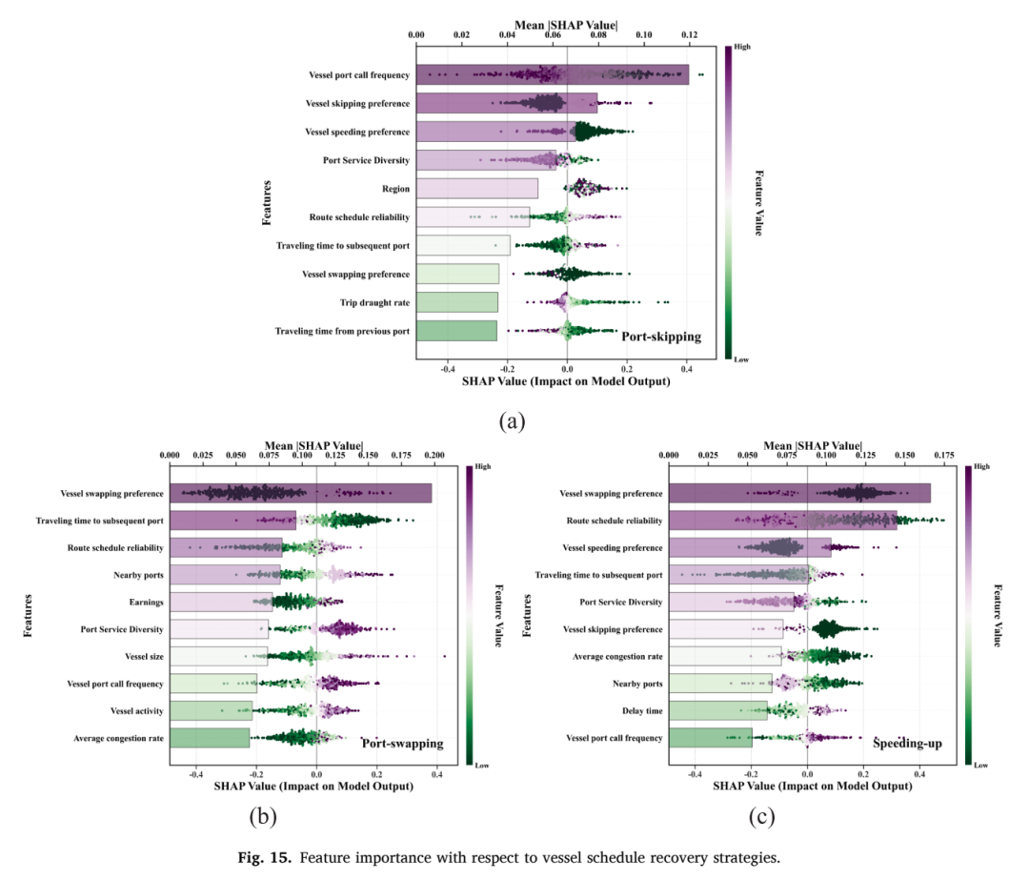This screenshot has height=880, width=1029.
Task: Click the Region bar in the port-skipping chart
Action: point(477,189)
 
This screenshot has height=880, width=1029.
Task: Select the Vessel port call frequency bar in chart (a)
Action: point(553,75)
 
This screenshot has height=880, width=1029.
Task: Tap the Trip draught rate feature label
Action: point(374,303)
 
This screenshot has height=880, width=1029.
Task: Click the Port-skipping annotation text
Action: point(661,337)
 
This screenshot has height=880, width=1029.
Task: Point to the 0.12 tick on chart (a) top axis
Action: point(689,35)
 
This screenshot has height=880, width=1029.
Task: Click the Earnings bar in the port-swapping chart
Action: point(221,603)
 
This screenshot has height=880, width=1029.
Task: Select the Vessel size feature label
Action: point(145,657)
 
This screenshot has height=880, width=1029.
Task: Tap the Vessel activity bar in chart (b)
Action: point(212,710)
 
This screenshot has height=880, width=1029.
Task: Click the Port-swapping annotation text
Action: point(403,744)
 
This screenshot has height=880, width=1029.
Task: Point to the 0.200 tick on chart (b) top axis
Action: point(434,455)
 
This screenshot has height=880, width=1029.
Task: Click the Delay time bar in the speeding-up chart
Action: point(718,710)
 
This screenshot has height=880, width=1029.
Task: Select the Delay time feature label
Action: point(642,711)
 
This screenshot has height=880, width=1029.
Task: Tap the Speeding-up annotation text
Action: point(908,744)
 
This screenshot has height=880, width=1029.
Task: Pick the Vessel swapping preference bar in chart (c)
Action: point(800,493)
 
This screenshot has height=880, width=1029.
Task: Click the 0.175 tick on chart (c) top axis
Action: point(944,455)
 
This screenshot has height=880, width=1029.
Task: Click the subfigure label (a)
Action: point(512,421)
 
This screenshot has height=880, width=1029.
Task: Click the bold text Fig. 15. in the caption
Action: point(265,858)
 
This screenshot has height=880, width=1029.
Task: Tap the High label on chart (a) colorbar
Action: point(742,47)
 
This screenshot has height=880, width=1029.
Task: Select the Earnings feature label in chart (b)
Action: point(147,603)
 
